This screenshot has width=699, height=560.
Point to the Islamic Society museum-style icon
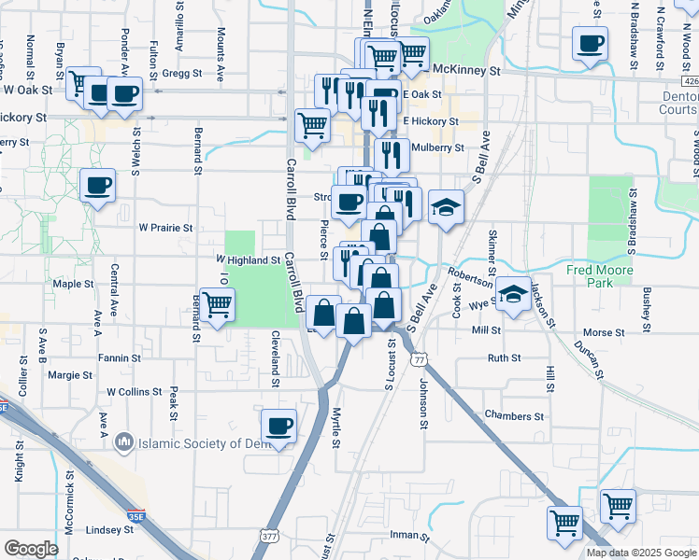124,440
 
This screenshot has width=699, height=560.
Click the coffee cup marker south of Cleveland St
278,427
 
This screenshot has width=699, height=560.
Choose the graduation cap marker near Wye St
513,294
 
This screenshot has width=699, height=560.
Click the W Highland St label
249,259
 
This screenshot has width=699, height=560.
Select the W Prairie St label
165,227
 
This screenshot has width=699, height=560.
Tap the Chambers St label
514,415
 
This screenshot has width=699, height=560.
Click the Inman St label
407,536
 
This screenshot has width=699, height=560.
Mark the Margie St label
70,375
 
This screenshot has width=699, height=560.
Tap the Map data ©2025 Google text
640,553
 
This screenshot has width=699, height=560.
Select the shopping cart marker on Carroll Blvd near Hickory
312,124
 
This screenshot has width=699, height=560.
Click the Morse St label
603,332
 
